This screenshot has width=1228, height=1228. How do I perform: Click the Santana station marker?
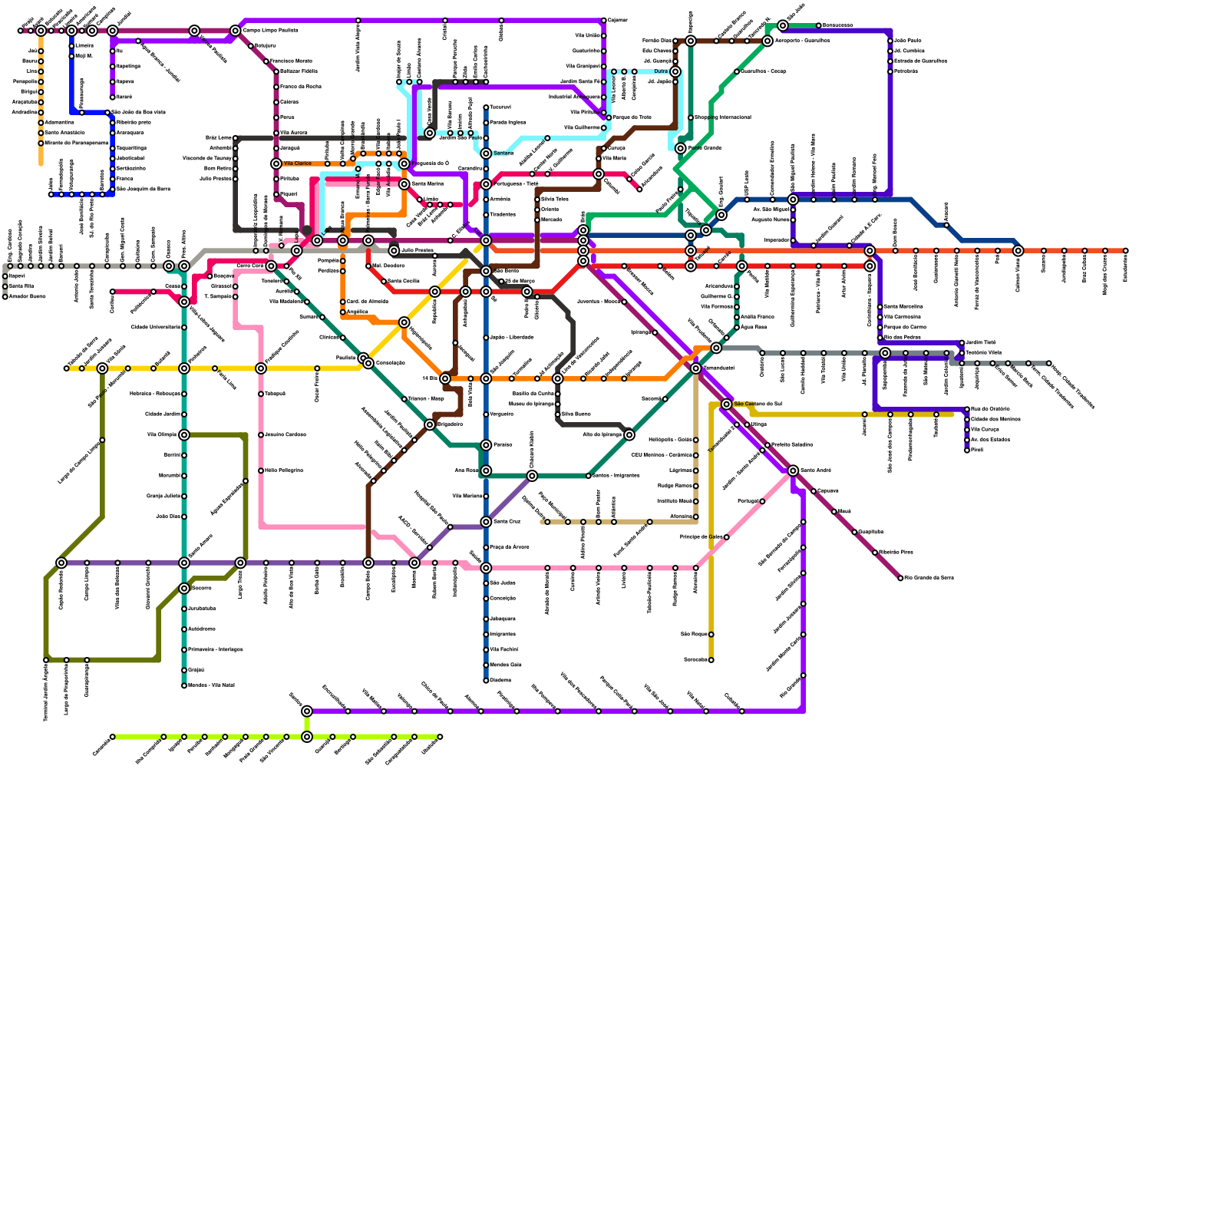coord(486,153)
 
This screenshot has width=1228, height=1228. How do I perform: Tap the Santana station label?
coord(503,153)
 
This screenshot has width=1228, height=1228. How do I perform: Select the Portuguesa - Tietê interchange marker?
coord(486,184)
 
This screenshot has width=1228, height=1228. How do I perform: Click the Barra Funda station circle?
coord(343,240)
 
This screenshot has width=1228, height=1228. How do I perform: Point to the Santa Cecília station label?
coord(404,282)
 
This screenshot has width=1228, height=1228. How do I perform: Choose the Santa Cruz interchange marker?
coord(486,522)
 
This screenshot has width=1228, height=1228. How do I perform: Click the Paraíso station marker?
coord(486,445)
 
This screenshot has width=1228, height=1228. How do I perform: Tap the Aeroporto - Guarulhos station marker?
coord(767,41)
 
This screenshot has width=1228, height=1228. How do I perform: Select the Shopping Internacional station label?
coord(722,117)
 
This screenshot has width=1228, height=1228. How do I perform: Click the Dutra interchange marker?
coord(675,71)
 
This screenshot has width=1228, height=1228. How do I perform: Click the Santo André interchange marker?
coord(793,470)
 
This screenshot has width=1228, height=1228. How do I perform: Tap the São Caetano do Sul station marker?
coord(727,404)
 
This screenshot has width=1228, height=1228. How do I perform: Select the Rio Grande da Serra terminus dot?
coord(900,578)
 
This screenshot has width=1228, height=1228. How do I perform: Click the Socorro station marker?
coord(184,589)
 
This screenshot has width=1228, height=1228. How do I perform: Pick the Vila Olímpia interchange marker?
coord(184,435)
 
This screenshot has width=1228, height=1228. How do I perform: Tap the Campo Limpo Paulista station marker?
coord(236,31)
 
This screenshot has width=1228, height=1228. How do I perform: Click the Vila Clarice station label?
coord(297,163)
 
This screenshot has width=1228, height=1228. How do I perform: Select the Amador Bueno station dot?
coord(5,296)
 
